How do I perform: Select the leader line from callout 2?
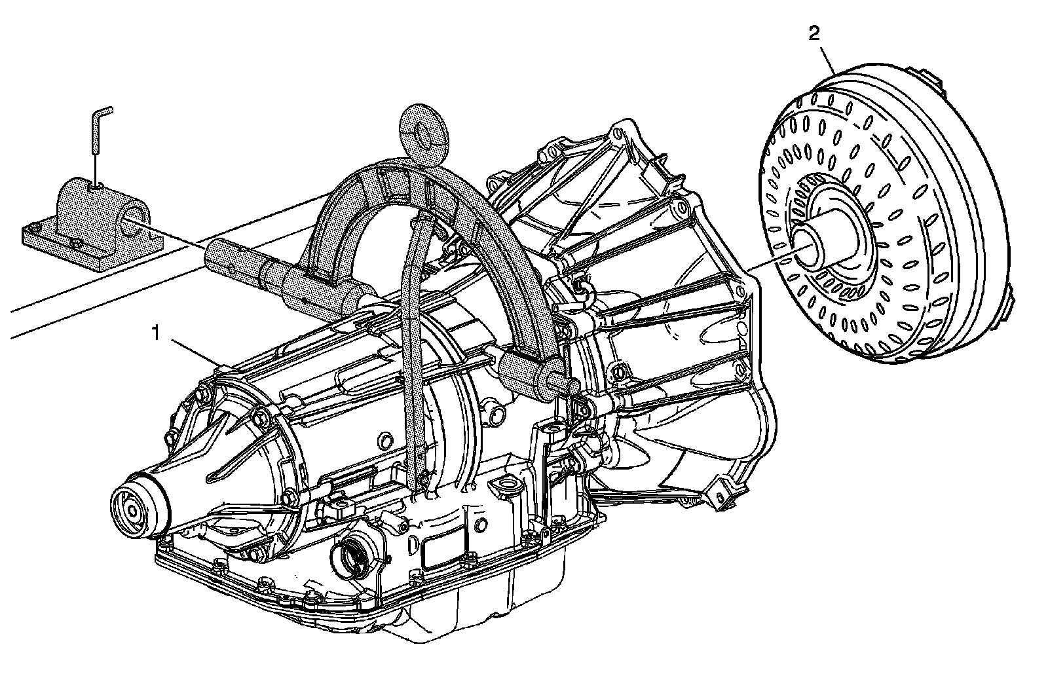(x=825, y=56)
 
